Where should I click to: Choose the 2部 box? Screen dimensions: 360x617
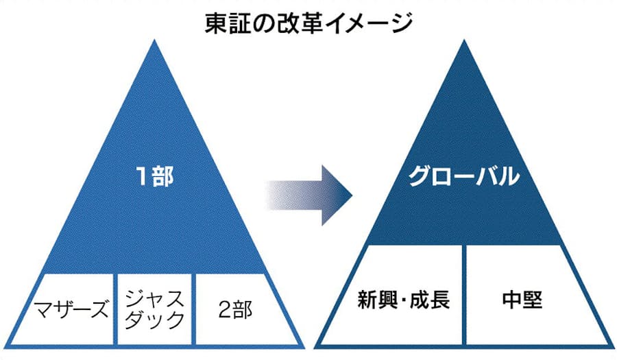point(233,309)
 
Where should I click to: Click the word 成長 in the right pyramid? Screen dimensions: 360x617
point(432,300)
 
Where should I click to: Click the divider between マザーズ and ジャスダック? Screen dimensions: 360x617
point(114,309)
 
